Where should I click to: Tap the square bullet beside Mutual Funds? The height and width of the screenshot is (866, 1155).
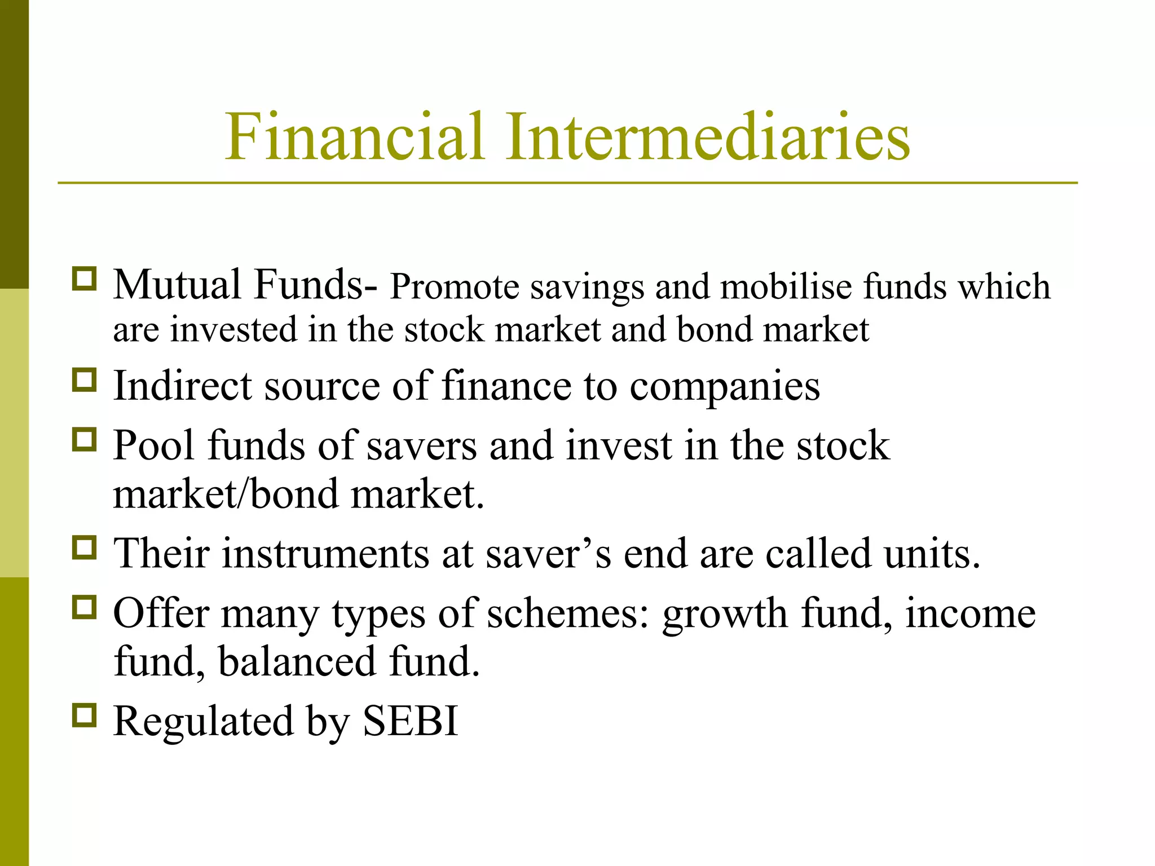coord(85,279)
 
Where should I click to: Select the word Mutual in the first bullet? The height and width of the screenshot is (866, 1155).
coord(177,285)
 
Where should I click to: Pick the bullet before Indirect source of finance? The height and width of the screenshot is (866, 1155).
coord(85,380)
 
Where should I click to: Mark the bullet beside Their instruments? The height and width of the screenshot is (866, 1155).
coord(85,547)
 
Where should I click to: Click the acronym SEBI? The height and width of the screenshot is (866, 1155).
coord(410,721)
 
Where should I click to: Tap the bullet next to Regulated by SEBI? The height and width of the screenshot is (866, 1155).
coord(85,714)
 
